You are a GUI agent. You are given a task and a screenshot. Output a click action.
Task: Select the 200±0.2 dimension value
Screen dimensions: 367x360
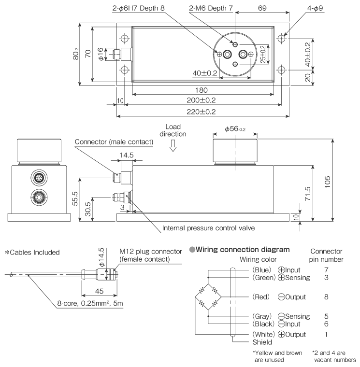click(x=202, y=100)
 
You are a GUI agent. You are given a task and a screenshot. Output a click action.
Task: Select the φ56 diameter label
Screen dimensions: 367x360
click(x=235, y=129)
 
